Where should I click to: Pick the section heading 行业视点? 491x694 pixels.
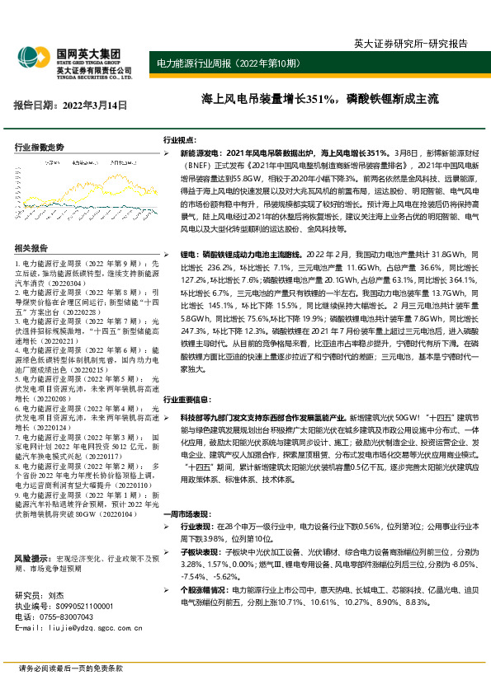tap(180, 140)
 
